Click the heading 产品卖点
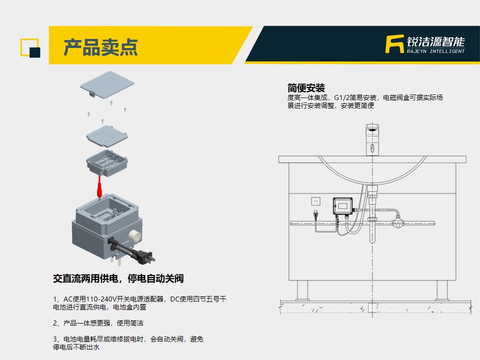[100, 47]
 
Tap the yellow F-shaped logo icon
[394, 44]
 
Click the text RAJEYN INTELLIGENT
[435, 51]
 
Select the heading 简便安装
[306, 88]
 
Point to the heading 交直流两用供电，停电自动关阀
[118, 278]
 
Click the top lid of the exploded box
[107, 84]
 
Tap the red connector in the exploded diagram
[99, 186]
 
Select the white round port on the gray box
[134, 235]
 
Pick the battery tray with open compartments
[107, 162]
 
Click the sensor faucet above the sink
[372, 139]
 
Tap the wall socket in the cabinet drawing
[315, 201]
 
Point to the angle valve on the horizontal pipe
[397, 222]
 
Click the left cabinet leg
[302, 290]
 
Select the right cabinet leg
[442, 290]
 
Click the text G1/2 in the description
[341, 97]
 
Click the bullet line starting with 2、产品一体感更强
[98, 323]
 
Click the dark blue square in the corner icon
[35, 52]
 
